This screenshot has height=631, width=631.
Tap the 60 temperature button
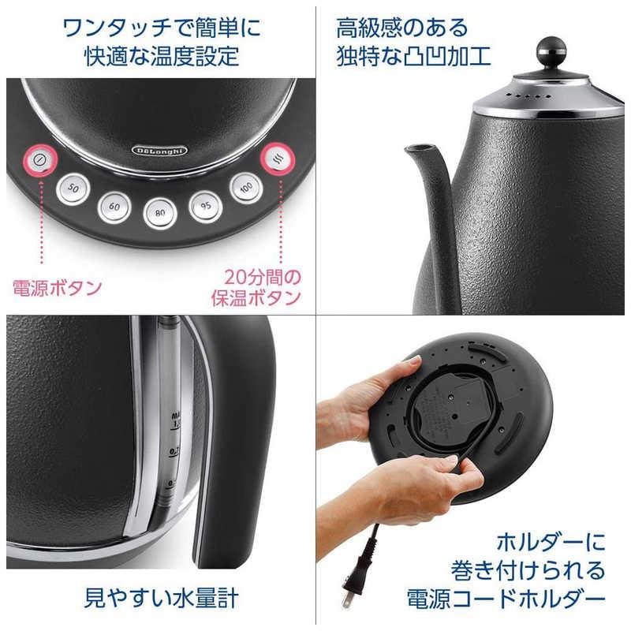click(x=114, y=207)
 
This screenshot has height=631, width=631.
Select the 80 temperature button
click(x=159, y=211)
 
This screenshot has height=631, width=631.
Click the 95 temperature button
click(x=205, y=207)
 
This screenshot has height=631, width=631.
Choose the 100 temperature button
click(x=245, y=188)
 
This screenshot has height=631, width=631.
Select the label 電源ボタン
click(x=56, y=288)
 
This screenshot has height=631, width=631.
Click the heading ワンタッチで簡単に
click(x=162, y=29)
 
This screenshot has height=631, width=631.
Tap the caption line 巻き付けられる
click(x=528, y=569)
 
